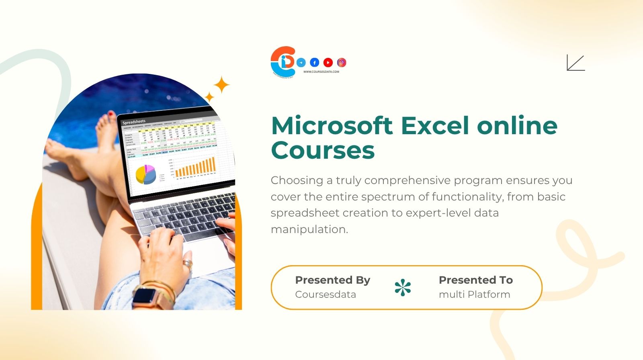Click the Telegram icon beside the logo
(x=301, y=62)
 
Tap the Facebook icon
(x=315, y=62)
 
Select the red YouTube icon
(x=328, y=62)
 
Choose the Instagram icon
(x=342, y=62)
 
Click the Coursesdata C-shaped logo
(x=283, y=61)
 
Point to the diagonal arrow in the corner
(x=575, y=63)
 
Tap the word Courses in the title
(x=323, y=150)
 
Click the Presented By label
(x=332, y=280)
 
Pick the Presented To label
(x=475, y=280)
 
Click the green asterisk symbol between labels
(x=403, y=287)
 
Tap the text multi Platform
(x=474, y=294)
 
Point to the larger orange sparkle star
(x=221, y=85)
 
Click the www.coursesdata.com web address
(x=321, y=72)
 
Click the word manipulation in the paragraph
(x=309, y=229)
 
